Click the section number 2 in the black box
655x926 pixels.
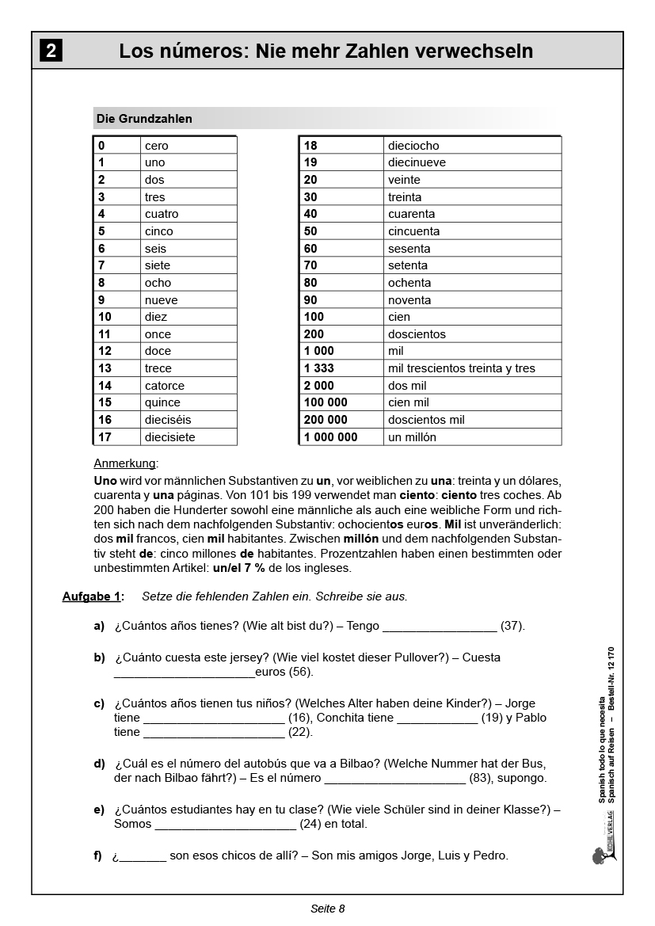coord(51,51)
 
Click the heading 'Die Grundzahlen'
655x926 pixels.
coord(144,119)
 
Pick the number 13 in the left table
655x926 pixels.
coord(105,368)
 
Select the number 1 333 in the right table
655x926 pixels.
coord(319,368)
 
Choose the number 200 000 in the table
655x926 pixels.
coord(326,420)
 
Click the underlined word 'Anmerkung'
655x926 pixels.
coord(125,463)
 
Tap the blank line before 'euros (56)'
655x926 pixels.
coord(184,673)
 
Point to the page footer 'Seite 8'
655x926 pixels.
coord(327,909)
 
